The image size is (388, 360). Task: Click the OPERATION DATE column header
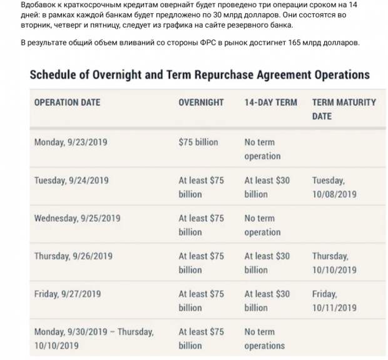point(67,102)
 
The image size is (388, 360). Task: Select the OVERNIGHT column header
point(201,102)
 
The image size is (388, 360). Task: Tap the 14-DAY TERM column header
point(270,102)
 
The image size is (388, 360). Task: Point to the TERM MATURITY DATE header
point(344,109)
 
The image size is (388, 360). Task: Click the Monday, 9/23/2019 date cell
point(71,142)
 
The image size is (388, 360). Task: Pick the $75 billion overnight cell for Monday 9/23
point(198,142)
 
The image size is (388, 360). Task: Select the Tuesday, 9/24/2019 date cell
point(71,180)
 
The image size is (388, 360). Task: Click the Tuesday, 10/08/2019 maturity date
point(334,187)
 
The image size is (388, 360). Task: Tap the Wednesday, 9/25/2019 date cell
point(77,218)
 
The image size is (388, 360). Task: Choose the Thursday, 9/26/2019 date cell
point(73,256)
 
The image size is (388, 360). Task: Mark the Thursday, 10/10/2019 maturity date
point(334,262)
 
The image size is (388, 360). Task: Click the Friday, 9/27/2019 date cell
point(67,293)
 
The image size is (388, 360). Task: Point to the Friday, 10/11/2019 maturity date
point(334,301)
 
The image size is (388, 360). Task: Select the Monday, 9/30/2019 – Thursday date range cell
point(93,338)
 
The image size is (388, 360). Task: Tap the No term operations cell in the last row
point(264,338)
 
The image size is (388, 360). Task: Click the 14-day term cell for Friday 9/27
point(267,301)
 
